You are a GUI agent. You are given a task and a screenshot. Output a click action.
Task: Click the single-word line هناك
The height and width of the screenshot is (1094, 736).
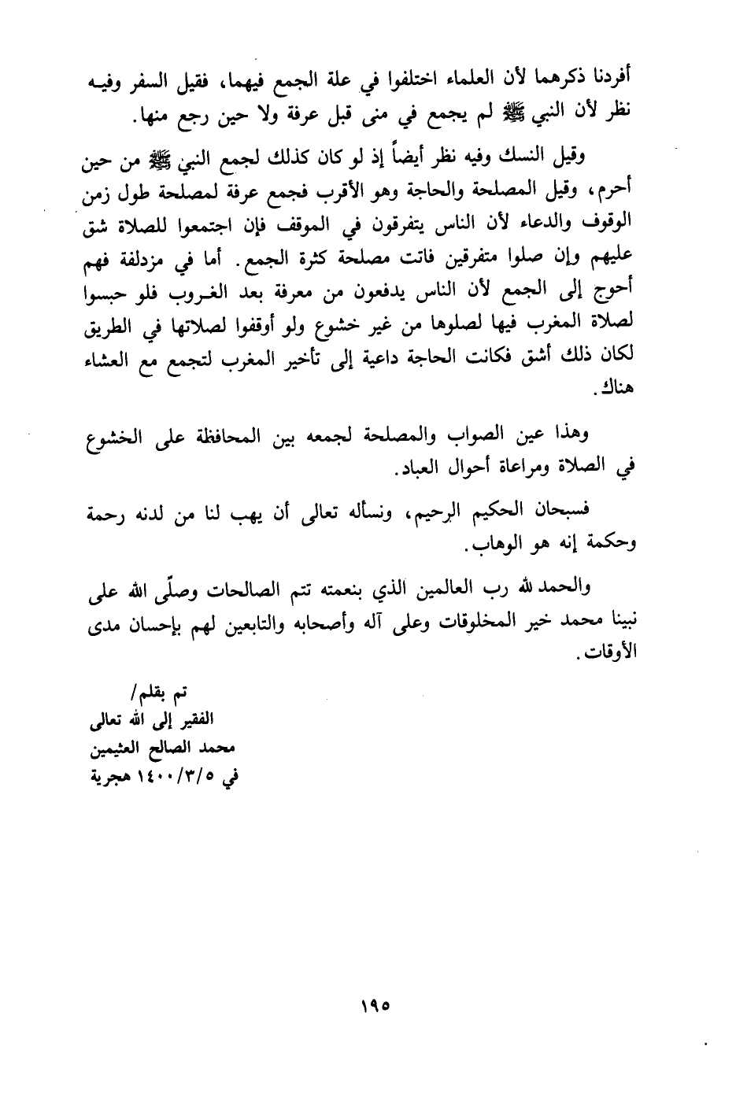[x=616, y=389]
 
